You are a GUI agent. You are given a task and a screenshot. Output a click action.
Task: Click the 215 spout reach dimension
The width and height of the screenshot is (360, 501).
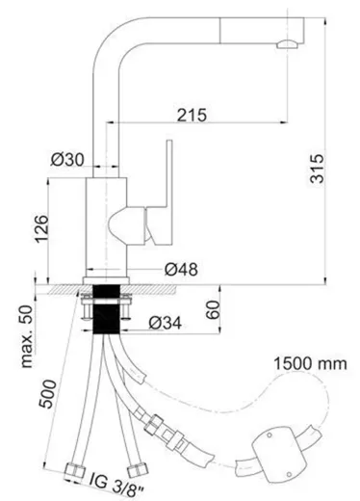tap(193, 115)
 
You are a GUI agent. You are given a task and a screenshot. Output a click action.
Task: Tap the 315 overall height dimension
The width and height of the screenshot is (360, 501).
tap(318, 169)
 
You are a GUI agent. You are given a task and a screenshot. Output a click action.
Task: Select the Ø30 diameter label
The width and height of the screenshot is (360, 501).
tap(67, 159)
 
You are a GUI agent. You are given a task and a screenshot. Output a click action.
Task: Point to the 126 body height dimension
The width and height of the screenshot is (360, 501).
tap(41, 228)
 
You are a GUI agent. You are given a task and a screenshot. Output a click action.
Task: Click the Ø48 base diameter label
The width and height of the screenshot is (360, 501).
tap(181, 269)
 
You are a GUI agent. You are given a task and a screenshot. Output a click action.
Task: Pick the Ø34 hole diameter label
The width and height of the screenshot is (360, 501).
tap(166, 323)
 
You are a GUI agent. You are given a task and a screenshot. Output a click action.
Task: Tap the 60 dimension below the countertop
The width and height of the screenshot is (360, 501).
tap(213, 309)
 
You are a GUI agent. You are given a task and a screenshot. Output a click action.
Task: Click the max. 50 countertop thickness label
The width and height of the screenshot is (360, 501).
tap(27, 336)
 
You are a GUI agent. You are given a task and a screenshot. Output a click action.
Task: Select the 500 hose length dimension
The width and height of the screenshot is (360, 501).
tap(47, 394)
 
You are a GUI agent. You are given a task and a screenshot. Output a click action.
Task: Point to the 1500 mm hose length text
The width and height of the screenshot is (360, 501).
tap(310, 364)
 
